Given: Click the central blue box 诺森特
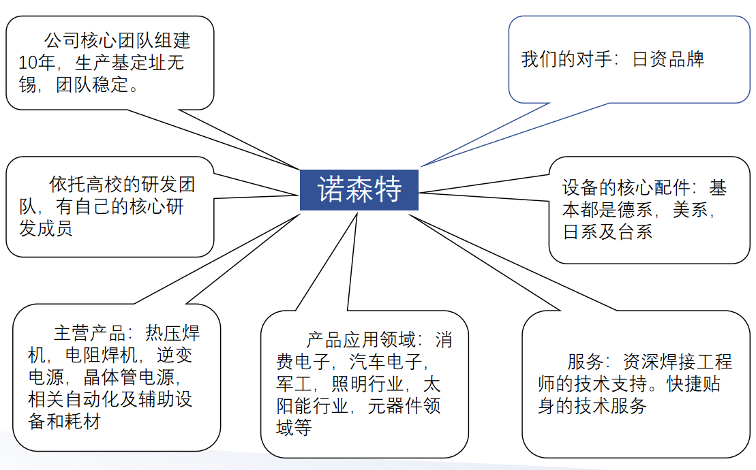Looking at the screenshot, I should pyautogui.click(x=359, y=190).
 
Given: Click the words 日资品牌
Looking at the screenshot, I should pyautogui.click(x=668, y=59).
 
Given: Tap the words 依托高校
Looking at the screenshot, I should pyautogui.click(x=85, y=184).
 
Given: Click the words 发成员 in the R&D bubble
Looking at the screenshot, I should pyautogui.click(x=46, y=229).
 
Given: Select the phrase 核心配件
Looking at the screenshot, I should pyautogui.click(x=654, y=188).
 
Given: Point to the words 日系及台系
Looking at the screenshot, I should pyautogui.click(x=607, y=232).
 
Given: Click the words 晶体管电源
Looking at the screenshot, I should pyautogui.click(x=130, y=377).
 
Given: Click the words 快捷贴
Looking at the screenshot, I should pyautogui.click(x=693, y=383).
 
